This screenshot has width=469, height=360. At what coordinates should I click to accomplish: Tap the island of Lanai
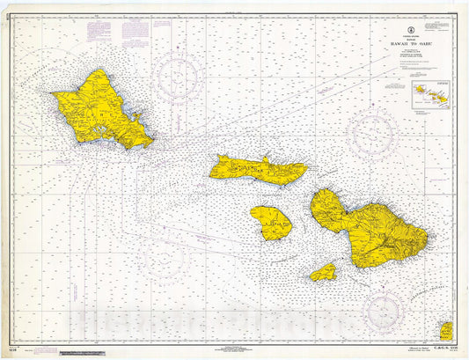[x=271, y=223]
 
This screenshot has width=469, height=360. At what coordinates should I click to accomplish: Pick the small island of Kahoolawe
[x=324, y=272]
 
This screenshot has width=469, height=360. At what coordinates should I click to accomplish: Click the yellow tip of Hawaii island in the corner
[x=445, y=331]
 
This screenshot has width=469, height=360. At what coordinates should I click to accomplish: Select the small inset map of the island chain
[x=428, y=92]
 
